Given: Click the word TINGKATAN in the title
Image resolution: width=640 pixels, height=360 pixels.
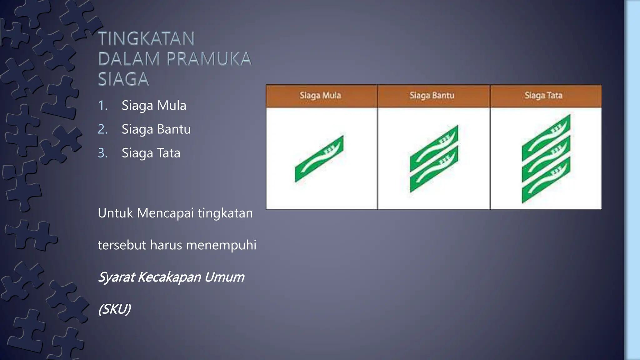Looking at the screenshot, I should pos(146,39).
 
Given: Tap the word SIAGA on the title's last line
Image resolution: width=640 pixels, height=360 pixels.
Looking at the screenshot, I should pos(123,79).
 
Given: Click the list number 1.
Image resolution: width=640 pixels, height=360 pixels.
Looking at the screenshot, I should pos(102,106).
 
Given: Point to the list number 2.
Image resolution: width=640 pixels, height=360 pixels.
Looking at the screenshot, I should pos(102,129).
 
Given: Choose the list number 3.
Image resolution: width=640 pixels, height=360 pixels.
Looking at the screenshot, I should pos(102,153).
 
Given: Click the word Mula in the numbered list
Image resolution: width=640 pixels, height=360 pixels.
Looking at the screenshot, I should pos(172,106).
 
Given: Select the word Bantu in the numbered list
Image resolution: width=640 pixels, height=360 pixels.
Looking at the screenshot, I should pos(174,129).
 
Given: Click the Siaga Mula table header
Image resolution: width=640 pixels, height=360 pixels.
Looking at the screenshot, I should pos(320,95).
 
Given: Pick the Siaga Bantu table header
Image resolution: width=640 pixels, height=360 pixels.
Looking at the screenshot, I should pos(432,95).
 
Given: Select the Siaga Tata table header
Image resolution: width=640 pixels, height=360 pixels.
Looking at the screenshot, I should pos(543,95).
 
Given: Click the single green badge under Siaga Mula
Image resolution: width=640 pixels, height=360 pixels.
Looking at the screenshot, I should pos(319,159).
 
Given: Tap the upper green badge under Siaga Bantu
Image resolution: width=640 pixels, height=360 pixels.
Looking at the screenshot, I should pos(434,148).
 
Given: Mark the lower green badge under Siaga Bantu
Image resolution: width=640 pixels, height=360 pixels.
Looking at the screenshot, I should pos(434,169).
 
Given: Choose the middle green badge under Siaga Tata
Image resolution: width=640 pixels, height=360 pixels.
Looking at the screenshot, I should pos(546,159).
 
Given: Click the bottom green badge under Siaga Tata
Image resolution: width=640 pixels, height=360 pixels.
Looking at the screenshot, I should pos(546,180).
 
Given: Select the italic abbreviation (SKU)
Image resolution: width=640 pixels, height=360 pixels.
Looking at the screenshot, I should pos(114,309).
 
